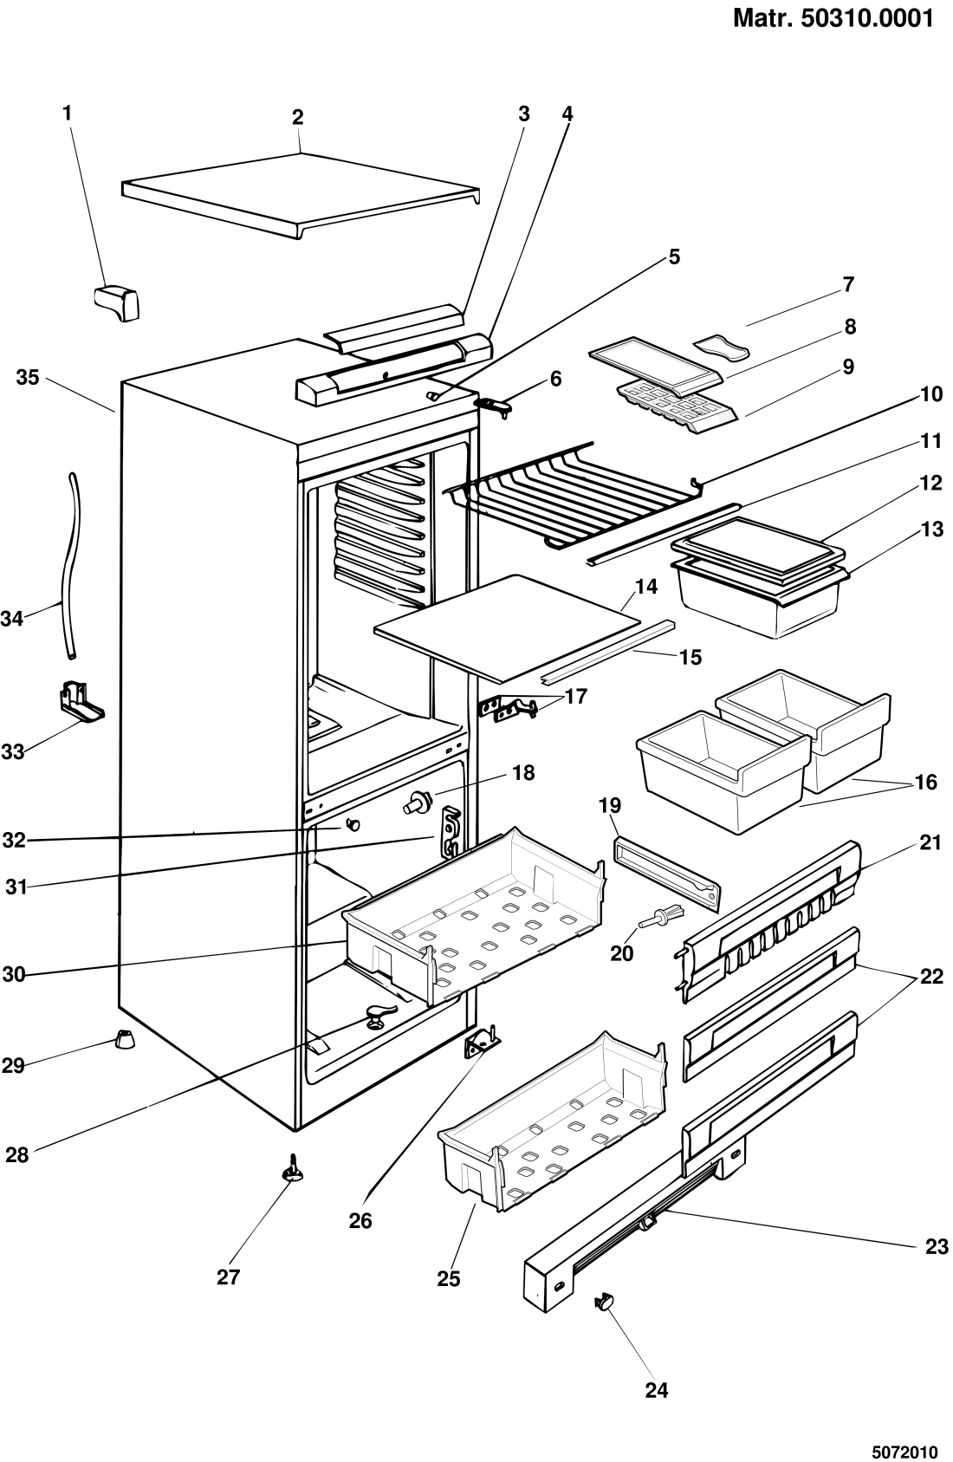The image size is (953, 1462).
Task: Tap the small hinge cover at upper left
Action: pos(117,303)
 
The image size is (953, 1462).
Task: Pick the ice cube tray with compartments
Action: pos(676,403)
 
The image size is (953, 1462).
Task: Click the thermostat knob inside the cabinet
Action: pos(416,803)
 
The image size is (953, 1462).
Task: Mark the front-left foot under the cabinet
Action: pos(126,1036)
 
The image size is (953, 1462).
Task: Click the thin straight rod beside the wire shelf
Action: pos(667,535)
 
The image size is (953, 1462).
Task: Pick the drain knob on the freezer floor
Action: pos(378,1016)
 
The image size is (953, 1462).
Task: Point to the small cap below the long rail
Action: pos(606,1302)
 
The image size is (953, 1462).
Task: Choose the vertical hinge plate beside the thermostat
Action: pos(450,832)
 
